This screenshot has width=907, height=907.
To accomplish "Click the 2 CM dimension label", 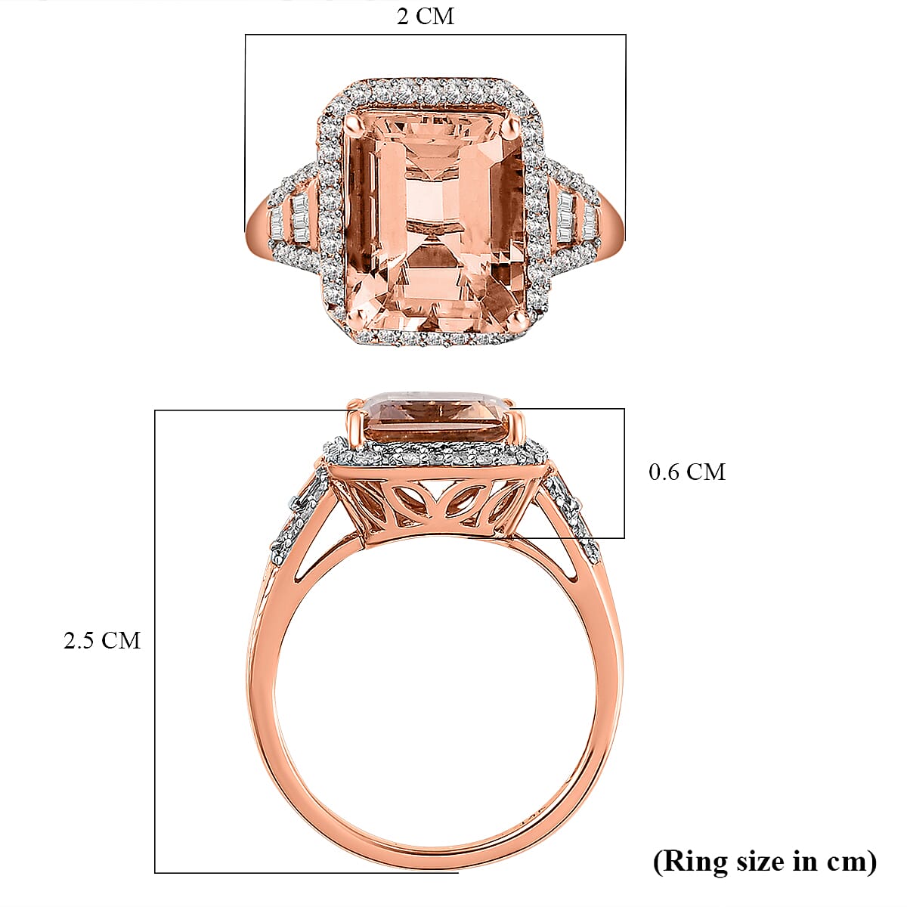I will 426,17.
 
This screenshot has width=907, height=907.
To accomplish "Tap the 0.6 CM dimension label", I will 686,472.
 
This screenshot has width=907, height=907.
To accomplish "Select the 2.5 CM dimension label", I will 102,640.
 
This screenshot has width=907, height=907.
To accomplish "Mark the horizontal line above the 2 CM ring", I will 435,35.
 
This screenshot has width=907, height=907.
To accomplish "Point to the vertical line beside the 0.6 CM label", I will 624,472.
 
